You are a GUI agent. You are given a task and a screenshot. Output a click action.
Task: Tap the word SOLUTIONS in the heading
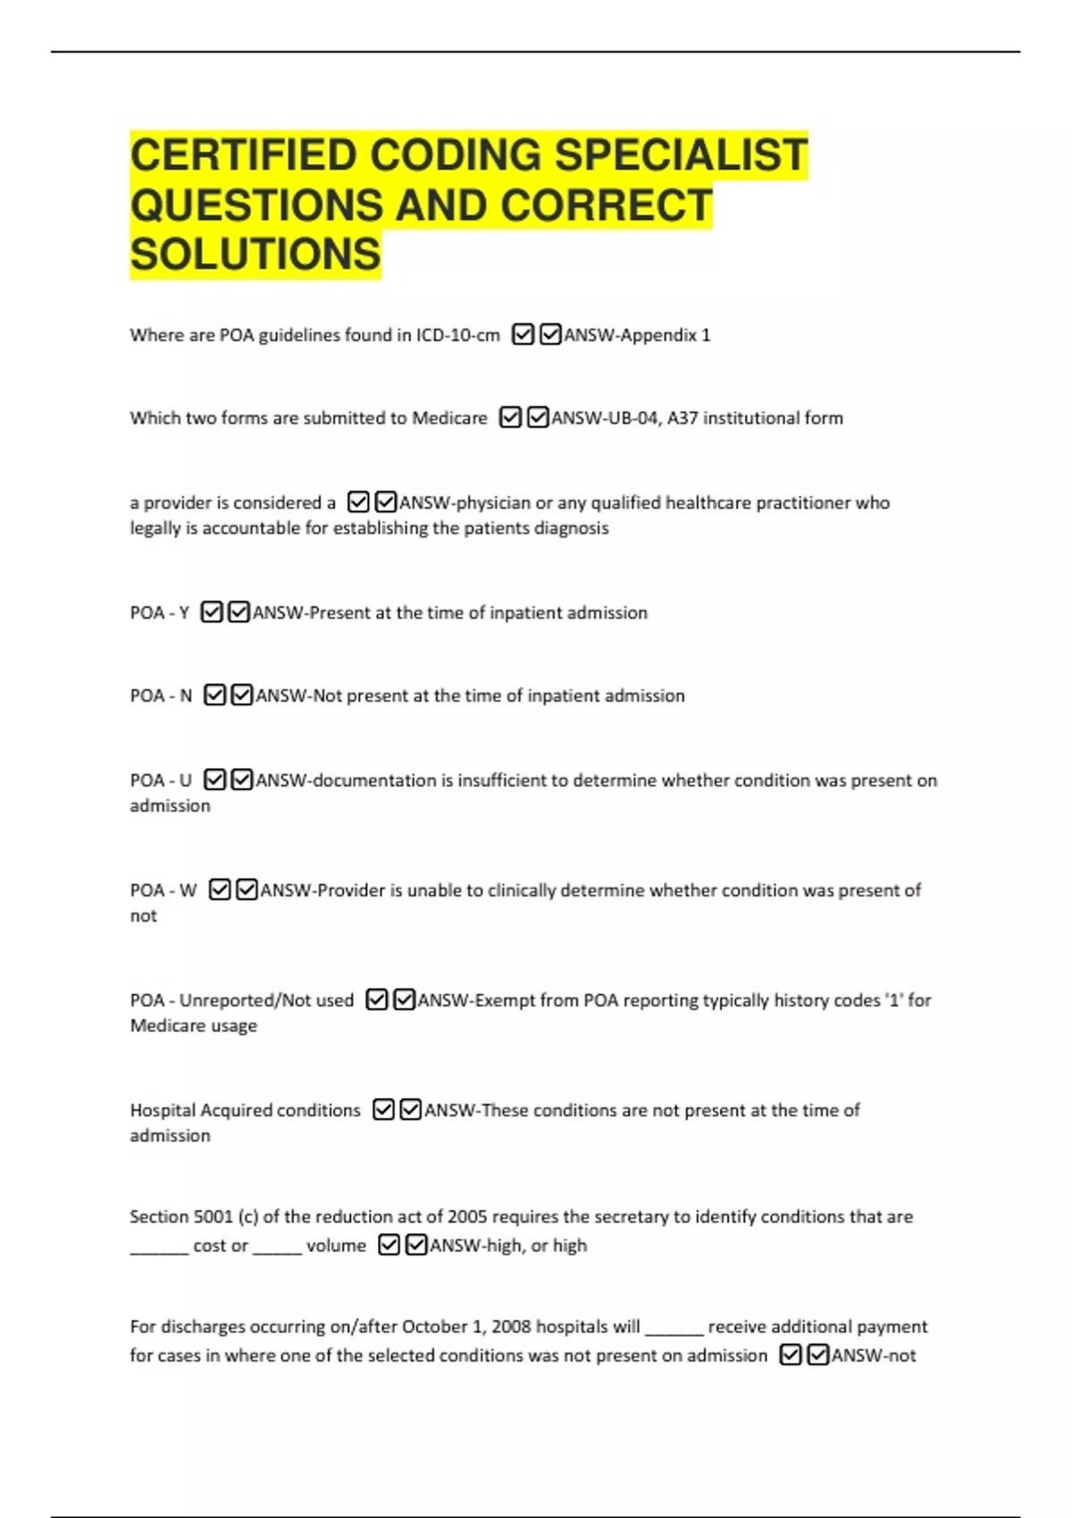click(x=255, y=254)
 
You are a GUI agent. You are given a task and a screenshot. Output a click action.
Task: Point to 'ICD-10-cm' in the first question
click(x=457, y=336)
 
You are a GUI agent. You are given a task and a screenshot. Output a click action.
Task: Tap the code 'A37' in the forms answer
click(x=683, y=419)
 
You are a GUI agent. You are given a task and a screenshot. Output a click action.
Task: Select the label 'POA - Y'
click(x=160, y=613)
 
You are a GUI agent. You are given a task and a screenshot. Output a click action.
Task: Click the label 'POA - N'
click(x=161, y=696)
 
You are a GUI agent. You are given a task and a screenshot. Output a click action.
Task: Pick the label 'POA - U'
click(x=161, y=781)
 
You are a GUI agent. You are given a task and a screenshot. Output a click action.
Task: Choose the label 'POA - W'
click(x=163, y=891)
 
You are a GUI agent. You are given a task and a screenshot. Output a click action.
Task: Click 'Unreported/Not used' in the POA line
click(x=266, y=1001)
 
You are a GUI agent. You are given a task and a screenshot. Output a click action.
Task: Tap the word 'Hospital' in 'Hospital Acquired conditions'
click(x=163, y=1111)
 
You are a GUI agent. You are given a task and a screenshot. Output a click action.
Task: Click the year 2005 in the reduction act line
click(x=467, y=1217)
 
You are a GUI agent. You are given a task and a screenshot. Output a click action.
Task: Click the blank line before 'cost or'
click(x=159, y=1250)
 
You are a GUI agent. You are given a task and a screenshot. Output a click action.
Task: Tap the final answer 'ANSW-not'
click(x=874, y=1356)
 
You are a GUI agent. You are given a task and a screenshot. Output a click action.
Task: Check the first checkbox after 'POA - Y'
click(x=212, y=613)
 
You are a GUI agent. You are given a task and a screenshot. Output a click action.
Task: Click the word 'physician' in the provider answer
click(x=493, y=504)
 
